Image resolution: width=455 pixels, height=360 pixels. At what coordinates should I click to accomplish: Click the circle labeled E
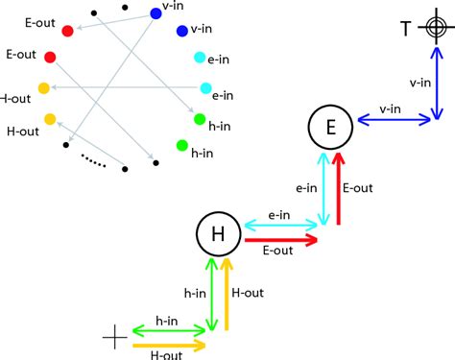click(x=329, y=127)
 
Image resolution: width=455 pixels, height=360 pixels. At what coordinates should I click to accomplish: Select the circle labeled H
click(x=217, y=233)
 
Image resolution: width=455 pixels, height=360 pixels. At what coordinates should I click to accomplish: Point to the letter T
click(x=406, y=30)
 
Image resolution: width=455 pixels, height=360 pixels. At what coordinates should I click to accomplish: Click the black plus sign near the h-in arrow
click(x=114, y=336)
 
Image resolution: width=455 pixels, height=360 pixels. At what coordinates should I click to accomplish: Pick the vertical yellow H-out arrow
click(x=227, y=293)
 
